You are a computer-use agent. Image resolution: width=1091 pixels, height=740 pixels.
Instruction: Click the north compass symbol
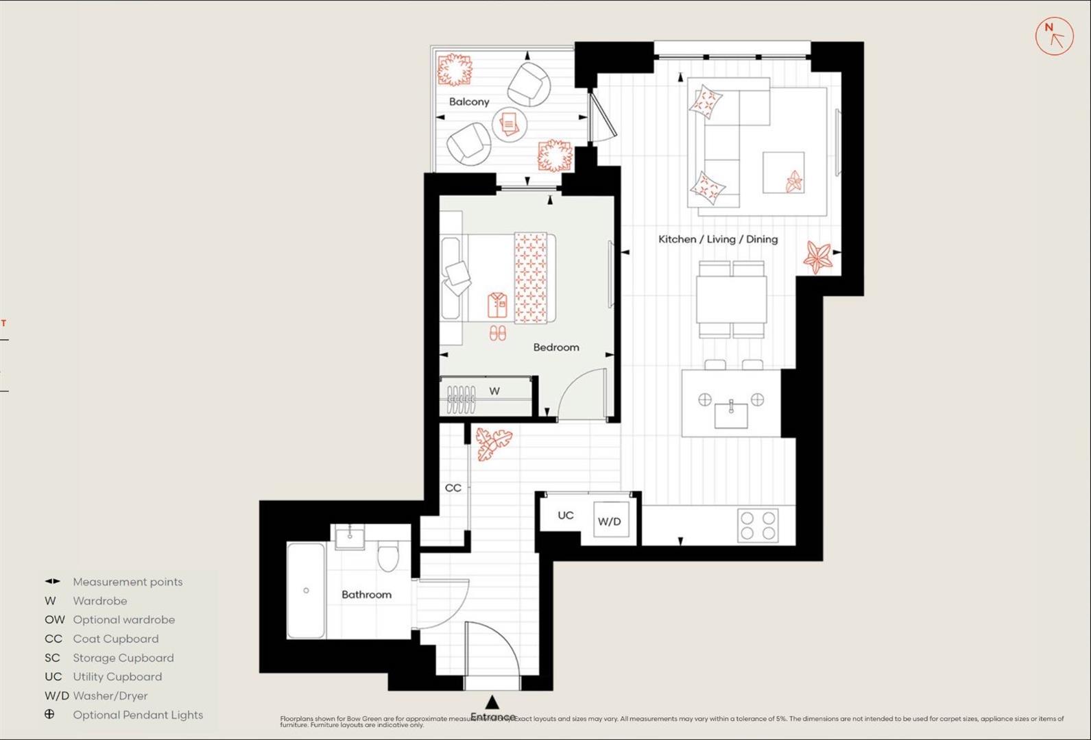click(1054, 37)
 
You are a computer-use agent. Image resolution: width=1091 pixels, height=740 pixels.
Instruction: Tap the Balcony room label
click(469, 102)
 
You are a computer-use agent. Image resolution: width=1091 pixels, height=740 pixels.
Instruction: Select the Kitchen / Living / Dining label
click(718, 239)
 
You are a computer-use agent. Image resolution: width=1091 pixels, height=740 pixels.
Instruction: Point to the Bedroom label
click(556, 347)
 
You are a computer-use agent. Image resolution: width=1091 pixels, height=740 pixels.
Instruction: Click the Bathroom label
click(366, 595)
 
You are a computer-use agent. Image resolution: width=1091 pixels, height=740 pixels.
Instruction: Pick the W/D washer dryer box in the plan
click(610, 521)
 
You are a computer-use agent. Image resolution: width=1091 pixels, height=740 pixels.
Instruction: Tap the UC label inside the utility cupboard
click(565, 515)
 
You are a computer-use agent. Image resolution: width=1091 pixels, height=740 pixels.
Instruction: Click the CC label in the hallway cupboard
click(453, 488)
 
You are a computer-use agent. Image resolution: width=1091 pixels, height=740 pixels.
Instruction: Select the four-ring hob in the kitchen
click(758, 526)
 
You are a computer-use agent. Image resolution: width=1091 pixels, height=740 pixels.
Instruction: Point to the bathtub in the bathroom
click(306, 591)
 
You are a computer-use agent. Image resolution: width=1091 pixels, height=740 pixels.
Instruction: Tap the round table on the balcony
click(509, 124)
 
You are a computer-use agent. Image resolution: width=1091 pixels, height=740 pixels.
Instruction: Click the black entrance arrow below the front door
click(492, 702)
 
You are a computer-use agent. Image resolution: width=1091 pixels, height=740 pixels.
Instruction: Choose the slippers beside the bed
click(498, 333)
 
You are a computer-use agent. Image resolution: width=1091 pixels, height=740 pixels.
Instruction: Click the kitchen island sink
click(731, 414)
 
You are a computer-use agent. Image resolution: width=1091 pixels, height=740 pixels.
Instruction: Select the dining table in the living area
click(732, 299)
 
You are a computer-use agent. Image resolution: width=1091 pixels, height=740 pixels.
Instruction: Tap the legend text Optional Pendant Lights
click(138, 715)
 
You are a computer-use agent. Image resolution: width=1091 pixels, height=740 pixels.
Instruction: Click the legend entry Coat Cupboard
click(116, 639)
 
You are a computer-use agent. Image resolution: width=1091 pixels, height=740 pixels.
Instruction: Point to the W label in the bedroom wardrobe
click(494, 391)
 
